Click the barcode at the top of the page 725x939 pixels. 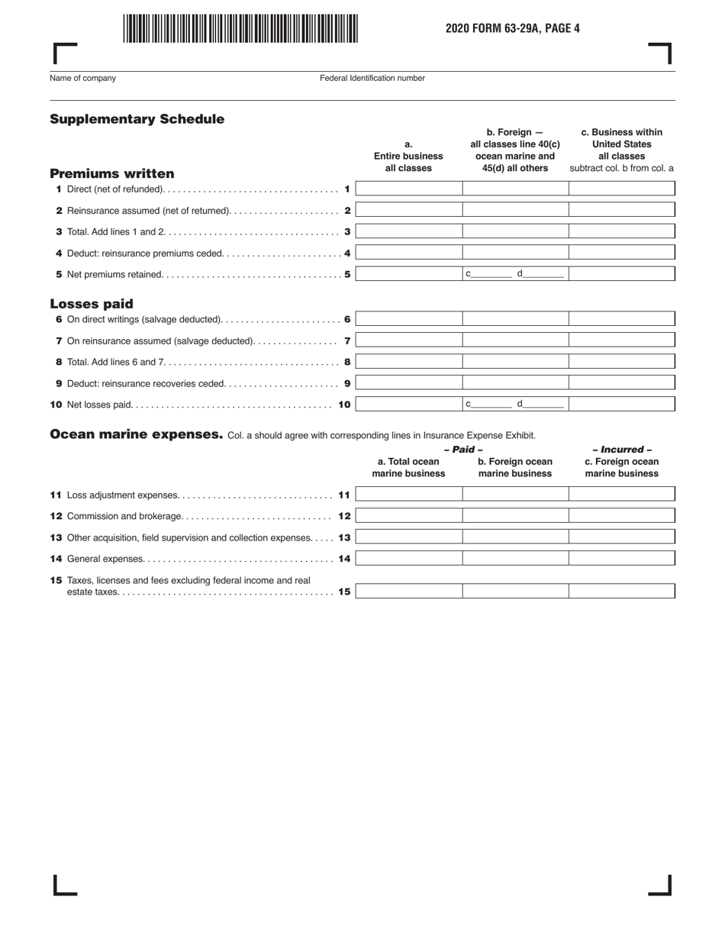240,28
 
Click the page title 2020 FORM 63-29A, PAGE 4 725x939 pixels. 513,29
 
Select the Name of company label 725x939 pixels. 82,78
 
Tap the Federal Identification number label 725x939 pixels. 372,78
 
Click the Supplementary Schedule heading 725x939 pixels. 137,119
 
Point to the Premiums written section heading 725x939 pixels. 112,173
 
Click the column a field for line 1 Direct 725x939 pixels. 409,189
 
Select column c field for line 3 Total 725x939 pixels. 622,231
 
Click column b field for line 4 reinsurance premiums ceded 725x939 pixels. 515,253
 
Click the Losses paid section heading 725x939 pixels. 92,304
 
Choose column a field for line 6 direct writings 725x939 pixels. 409,319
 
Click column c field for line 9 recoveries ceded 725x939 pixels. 622,383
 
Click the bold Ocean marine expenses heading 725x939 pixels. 136,434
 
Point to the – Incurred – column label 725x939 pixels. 622,450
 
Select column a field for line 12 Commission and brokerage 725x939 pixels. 409,516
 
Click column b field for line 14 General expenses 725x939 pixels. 515,559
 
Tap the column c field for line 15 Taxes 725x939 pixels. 622,591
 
